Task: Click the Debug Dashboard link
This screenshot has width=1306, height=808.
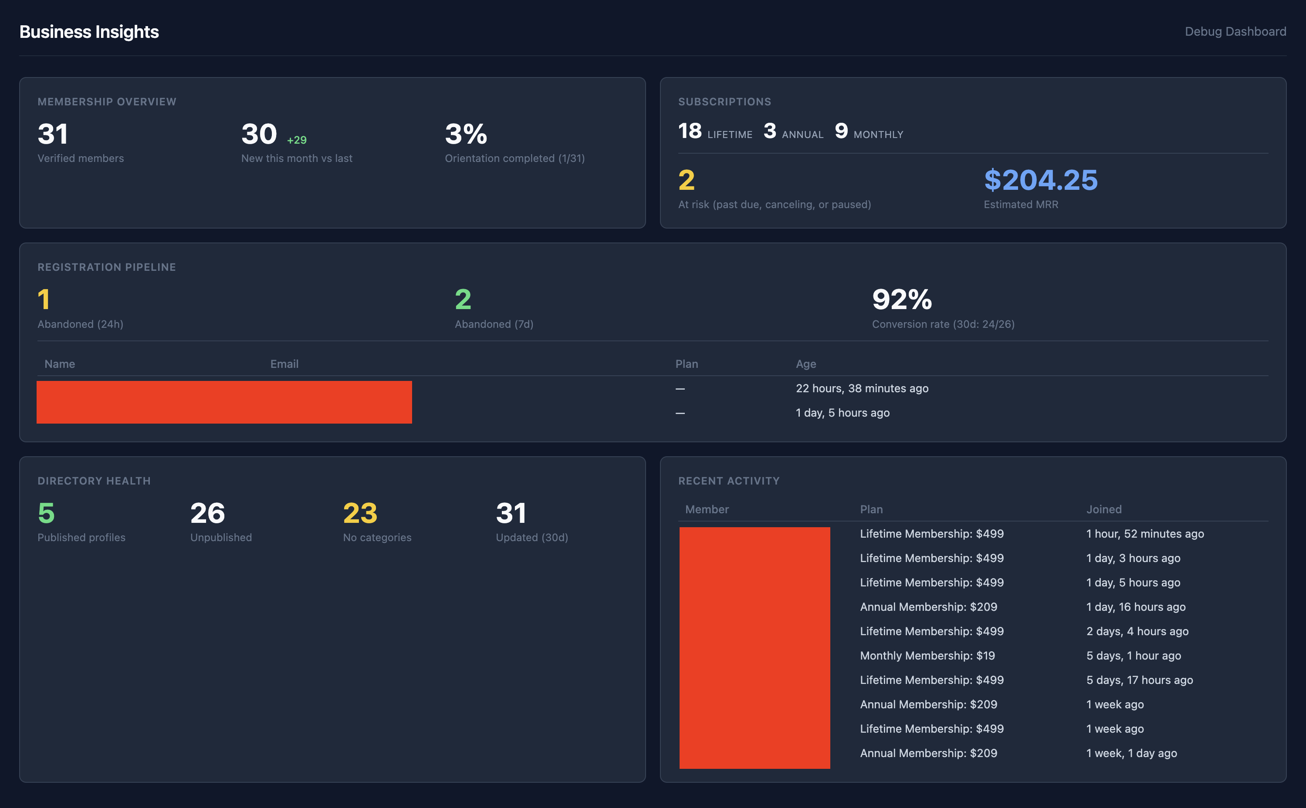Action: pyautogui.click(x=1235, y=31)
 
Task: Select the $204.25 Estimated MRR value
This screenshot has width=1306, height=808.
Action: pyautogui.click(x=1040, y=180)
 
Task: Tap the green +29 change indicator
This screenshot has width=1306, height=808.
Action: pyautogui.click(x=297, y=140)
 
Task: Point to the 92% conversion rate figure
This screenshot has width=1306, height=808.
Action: pyautogui.click(x=901, y=299)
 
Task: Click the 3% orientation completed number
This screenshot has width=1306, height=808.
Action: pyautogui.click(x=466, y=134)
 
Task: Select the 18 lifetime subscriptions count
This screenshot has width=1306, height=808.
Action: pyautogui.click(x=690, y=131)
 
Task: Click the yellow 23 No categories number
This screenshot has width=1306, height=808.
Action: pyautogui.click(x=360, y=513)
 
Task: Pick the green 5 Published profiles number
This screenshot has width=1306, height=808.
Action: pyautogui.click(x=47, y=513)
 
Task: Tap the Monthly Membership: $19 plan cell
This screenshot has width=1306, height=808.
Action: pyautogui.click(x=927, y=656)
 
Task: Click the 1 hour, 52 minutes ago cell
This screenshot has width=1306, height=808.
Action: pyautogui.click(x=1144, y=534)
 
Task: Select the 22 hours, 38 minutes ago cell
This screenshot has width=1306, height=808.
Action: pyautogui.click(x=862, y=388)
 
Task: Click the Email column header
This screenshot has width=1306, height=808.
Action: pyautogui.click(x=284, y=364)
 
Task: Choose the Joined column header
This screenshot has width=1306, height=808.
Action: pyautogui.click(x=1103, y=509)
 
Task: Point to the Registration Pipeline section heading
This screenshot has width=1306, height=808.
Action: pyautogui.click(x=106, y=267)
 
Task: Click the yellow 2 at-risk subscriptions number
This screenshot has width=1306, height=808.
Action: pyautogui.click(x=687, y=180)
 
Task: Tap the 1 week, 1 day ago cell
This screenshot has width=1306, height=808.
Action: pyautogui.click(x=1131, y=753)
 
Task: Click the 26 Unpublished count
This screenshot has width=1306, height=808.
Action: pyautogui.click(x=207, y=513)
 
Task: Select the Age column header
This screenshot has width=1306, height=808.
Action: pyautogui.click(x=805, y=364)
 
